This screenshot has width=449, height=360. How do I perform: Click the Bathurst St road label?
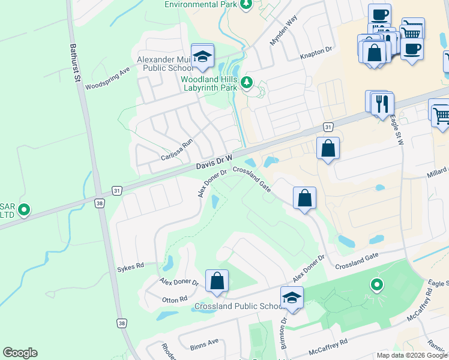75,62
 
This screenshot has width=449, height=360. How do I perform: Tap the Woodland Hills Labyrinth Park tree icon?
246,82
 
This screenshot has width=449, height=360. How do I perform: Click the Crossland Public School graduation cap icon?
292,298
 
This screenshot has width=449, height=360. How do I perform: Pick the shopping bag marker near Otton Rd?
217,281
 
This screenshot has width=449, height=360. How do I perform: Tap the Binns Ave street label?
205,344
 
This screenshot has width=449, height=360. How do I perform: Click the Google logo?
20,353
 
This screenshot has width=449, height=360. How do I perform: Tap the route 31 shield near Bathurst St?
117,191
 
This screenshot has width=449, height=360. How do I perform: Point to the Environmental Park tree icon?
246,5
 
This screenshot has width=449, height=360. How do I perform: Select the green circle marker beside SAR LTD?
24,210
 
